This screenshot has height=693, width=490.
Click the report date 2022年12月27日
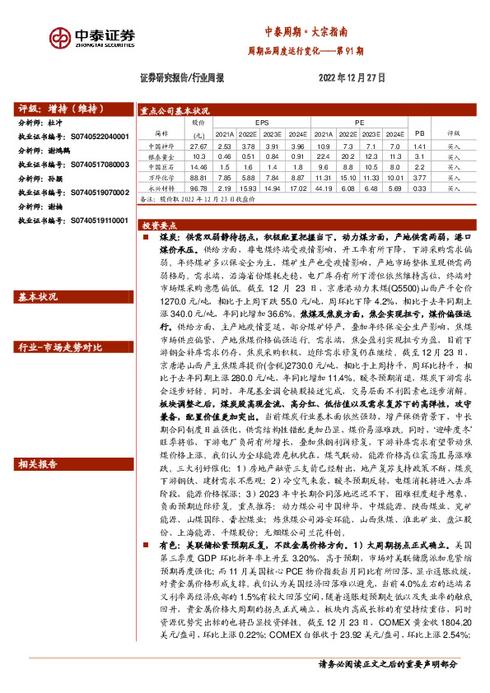[352, 77]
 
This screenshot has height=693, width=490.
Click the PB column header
[419, 132]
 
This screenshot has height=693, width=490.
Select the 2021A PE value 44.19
[322, 188]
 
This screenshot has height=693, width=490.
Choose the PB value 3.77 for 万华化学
[418, 177]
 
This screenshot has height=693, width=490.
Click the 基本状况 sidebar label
[38, 296]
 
